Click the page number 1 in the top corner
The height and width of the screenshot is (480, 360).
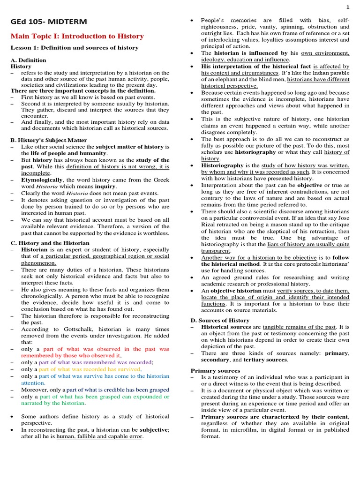coord(348,7)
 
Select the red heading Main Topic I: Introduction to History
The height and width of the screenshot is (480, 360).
coord(77,36)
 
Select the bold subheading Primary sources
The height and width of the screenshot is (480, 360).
coord(215,370)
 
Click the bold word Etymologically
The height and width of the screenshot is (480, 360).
coord(42,180)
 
